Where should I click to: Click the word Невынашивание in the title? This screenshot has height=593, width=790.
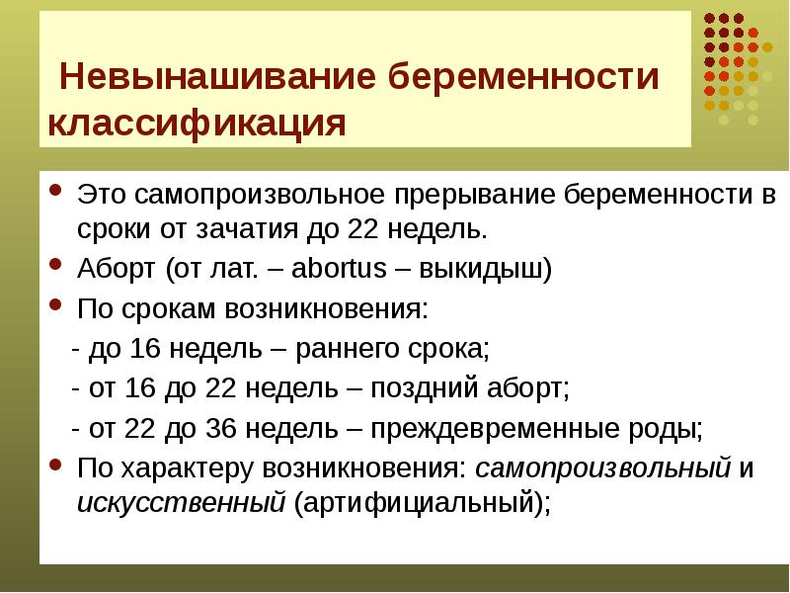click(x=217, y=77)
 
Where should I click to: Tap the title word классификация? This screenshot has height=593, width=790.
click(x=197, y=123)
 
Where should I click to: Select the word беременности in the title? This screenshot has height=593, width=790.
click(x=523, y=77)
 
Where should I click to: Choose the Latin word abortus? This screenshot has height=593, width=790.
click(x=339, y=268)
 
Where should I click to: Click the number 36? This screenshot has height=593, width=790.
click(x=220, y=429)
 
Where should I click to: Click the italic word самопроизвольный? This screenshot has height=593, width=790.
click(x=602, y=468)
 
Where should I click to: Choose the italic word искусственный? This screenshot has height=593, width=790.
click(x=182, y=503)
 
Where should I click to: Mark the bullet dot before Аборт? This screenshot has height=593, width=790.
click(x=55, y=264)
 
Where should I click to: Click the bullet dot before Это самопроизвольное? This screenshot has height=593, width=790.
click(x=55, y=191)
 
